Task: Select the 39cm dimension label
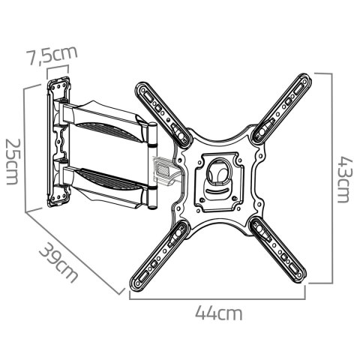click(x=58, y=262)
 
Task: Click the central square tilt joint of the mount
click(x=220, y=177)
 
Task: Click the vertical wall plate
click(x=58, y=142)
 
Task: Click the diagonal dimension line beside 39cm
click(x=75, y=251)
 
